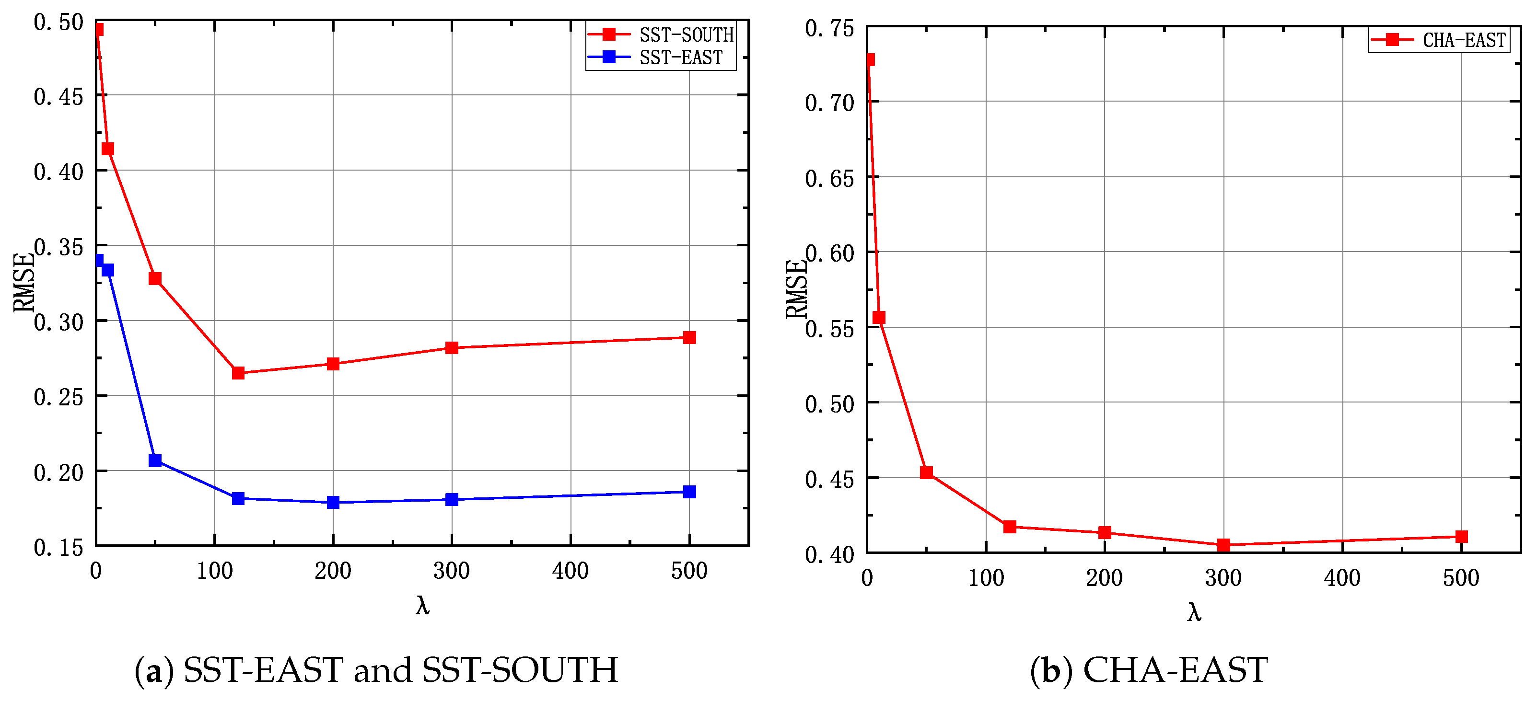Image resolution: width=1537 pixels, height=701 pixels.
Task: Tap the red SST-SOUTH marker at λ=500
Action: (x=689, y=337)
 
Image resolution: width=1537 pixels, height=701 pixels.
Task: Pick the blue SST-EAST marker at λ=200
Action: (x=333, y=503)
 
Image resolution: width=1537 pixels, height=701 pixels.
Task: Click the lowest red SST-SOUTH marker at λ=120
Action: (x=238, y=373)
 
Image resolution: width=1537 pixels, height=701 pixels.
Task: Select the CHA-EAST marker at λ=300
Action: (x=1223, y=545)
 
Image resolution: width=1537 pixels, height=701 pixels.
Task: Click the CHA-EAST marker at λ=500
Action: (x=1461, y=537)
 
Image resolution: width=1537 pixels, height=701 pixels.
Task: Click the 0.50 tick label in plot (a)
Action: (x=58, y=23)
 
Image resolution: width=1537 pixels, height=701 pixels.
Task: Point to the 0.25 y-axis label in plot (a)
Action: (x=58, y=398)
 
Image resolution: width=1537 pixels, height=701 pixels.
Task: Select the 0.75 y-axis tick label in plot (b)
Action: (x=829, y=29)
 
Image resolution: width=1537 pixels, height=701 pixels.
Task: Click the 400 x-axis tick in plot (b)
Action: (x=1342, y=577)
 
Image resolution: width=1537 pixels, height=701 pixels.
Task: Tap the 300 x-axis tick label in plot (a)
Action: (x=451, y=571)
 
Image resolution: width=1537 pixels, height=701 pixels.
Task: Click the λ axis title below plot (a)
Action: (x=422, y=606)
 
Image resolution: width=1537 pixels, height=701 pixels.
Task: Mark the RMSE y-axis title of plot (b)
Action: (x=796, y=289)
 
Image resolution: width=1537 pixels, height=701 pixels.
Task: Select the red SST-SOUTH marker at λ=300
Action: (x=452, y=347)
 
